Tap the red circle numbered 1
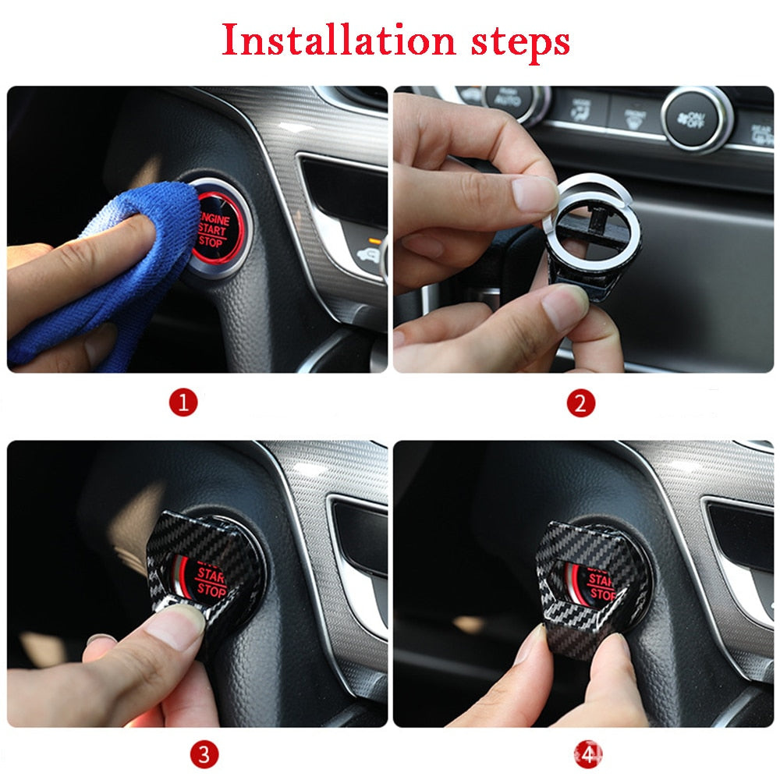pyautogui.click(x=184, y=403)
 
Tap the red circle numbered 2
pyautogui.click(x=580, y=403)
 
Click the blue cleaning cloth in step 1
pyautogui.click(x=125, y=257)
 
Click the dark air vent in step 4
pyautogui.click(x=741, y=546)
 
